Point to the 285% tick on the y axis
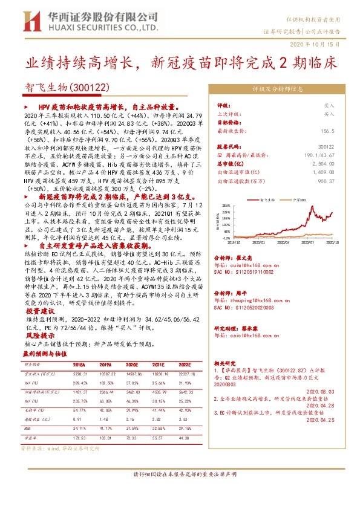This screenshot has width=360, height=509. [226, 205]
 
